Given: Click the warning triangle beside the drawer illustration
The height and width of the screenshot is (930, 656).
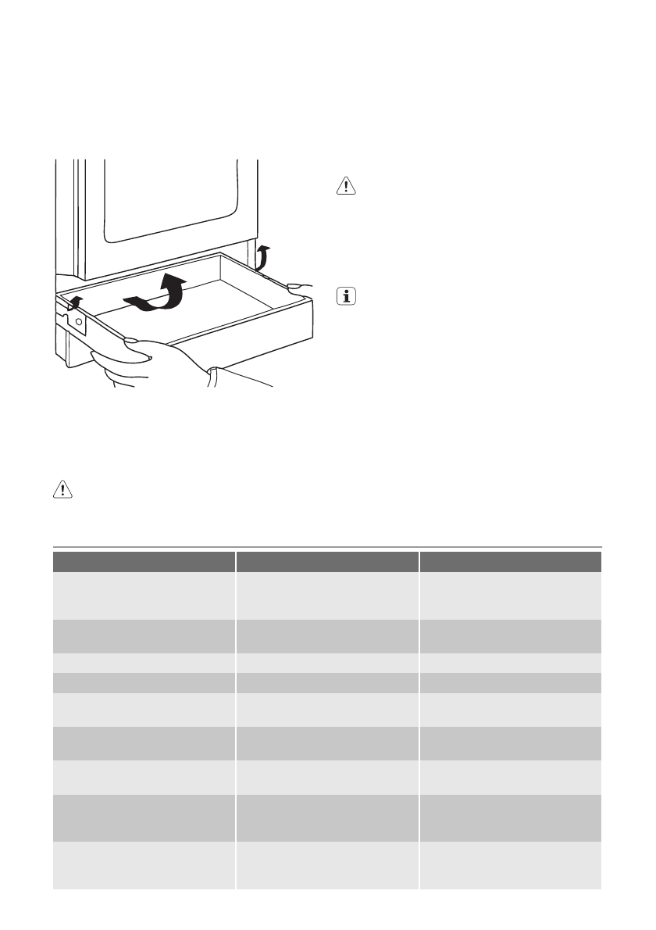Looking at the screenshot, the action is click(344, 185).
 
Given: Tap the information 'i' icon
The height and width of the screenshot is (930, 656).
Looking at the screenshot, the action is click(344, 296).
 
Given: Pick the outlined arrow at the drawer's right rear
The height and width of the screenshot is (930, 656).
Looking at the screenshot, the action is click(263, 256).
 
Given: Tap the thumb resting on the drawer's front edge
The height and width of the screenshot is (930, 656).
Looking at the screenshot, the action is click(132, 341).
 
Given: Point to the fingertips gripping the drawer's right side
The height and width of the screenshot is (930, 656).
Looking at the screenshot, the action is click(298, 286).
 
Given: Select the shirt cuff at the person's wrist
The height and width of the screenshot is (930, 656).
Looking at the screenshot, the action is click(212, 377).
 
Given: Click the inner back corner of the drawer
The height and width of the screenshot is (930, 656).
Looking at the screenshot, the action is click(223, 260).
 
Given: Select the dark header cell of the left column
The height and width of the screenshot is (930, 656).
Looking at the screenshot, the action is click(144, 562).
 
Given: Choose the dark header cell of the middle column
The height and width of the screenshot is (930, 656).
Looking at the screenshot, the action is click(327, 562).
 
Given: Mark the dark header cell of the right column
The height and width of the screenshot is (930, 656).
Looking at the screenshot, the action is click(510, 562).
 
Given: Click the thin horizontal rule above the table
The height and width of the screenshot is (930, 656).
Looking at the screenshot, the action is click(327, 547).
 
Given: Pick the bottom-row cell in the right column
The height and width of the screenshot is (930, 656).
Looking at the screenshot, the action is click(510, 865).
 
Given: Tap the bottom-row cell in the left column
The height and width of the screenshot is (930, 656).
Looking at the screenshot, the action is click(144, 865).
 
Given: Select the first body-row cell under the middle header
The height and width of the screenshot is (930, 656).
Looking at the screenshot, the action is click(327, 596).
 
